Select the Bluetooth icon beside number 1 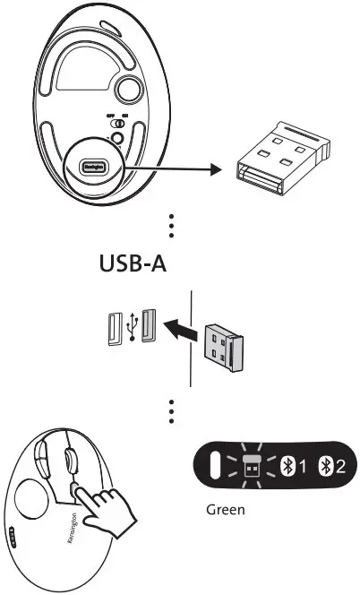point(288,465)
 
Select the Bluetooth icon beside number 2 point(326,465)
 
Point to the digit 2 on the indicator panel point(340,465)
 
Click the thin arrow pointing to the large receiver point(170,167)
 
